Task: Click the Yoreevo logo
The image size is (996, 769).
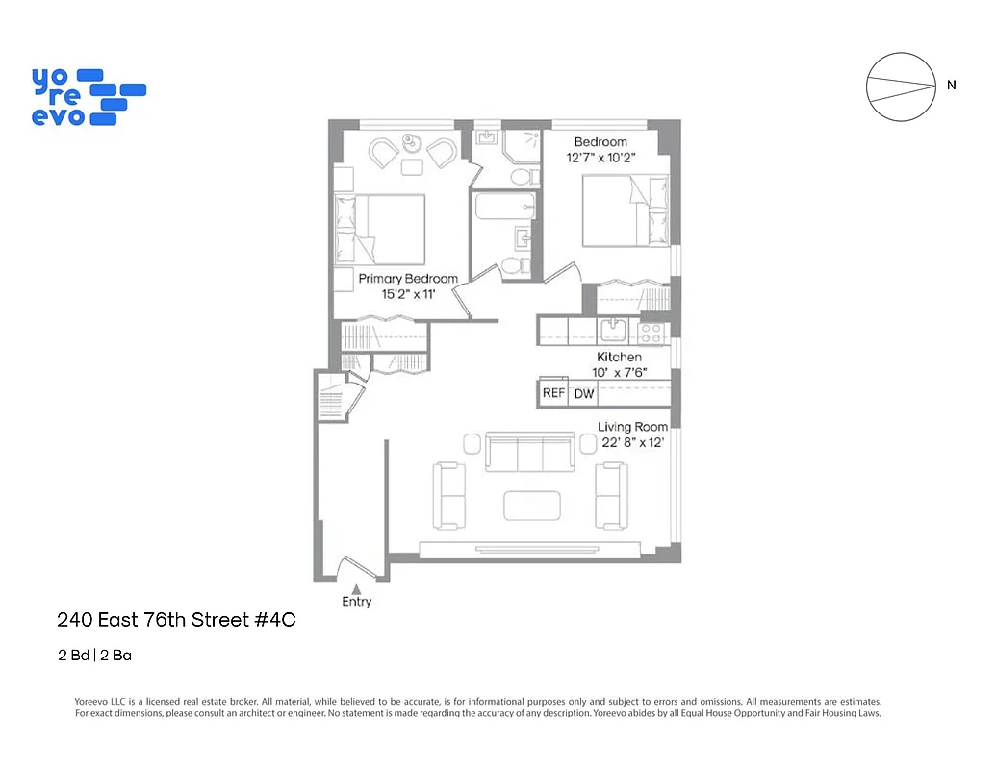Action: coord(88,96)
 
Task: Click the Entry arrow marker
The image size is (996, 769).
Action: coord(356,588)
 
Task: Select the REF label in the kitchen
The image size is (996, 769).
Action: coord(553,393)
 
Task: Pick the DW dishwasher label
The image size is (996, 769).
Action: coord(584,393)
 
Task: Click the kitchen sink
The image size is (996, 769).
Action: coord(612,332)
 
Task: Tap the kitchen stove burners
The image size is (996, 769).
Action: coord(651,333)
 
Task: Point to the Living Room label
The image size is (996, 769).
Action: coord(632,427)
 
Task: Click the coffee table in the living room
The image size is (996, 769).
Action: coord(531,505)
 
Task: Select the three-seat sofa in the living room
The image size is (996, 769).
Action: coord(530,452)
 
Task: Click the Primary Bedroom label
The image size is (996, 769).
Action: coord(408,279)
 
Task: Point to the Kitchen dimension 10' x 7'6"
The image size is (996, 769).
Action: coord(619,372)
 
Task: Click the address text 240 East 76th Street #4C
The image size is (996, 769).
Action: coord(176,620)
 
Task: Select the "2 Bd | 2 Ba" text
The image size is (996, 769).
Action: coord(93,657)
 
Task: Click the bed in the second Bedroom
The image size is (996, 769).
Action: coord(625,211)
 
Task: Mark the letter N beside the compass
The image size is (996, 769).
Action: coord(952,85)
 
